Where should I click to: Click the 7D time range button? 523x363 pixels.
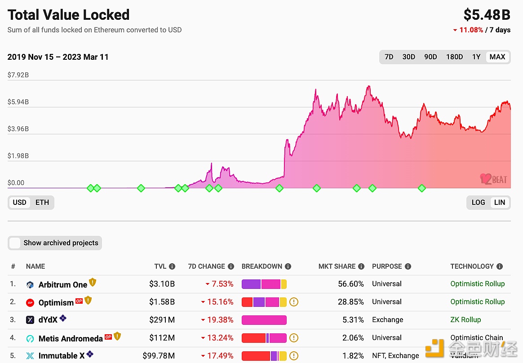point(389,57)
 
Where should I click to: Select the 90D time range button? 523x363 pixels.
point(430,57)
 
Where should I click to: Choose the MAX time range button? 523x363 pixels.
point(497,57)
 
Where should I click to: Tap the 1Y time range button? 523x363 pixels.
point(476,57)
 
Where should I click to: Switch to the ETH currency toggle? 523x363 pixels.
point(42,203)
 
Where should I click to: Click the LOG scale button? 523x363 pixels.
point(478,203)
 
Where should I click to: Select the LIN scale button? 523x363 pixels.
point(500,203)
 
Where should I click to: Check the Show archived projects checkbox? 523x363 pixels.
point(15,243)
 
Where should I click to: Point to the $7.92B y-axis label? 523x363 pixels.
point(18,75)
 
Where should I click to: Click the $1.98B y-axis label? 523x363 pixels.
point(18,156)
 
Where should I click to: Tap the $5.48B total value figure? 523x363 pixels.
point(487,15)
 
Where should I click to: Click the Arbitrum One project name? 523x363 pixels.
point(63,284)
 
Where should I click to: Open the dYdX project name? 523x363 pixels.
point(48,320)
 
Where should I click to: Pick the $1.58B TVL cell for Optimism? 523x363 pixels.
point(162,302)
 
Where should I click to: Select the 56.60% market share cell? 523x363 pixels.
point(351,284)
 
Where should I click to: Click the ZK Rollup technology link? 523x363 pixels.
point(465,320)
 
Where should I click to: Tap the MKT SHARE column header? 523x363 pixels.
point(337,266)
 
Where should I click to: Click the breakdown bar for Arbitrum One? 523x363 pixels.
point(264,284)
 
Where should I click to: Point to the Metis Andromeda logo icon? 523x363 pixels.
point(30,338)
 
